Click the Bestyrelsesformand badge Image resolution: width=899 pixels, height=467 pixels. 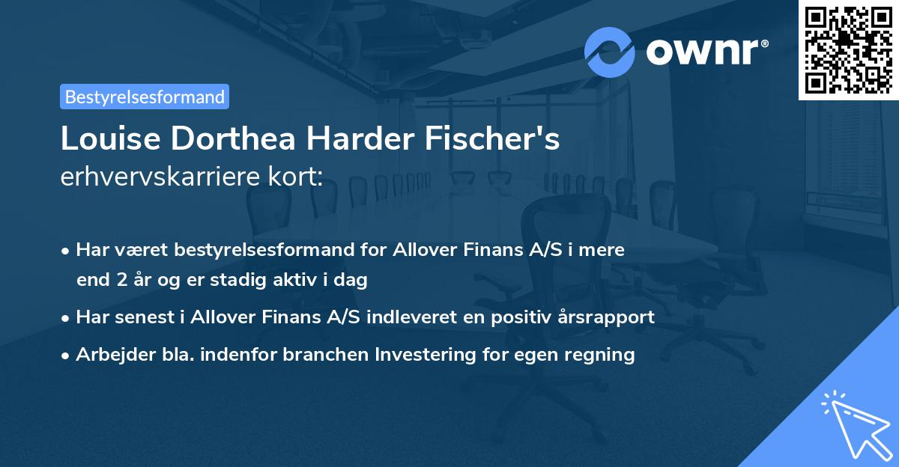click(145, 97)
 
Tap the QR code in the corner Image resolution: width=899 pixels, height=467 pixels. click(849, 50)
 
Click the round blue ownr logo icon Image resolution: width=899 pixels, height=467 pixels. click(610, 52)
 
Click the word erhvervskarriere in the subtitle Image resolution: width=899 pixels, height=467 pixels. click(160, 177)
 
